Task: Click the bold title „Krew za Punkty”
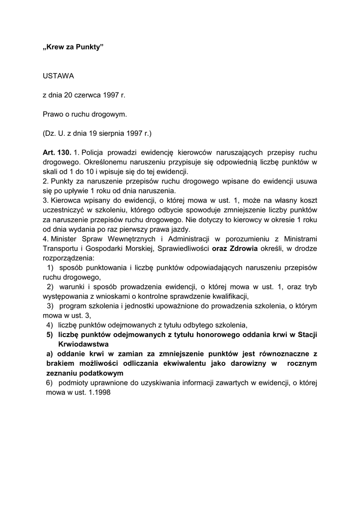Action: click(x=73, y=49)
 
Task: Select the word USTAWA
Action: click(x=58, y=76)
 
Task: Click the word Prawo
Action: click(x=53, y=114)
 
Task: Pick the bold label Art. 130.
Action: click(x=57, y=152)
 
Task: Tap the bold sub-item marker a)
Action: click(x=49, y=353)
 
